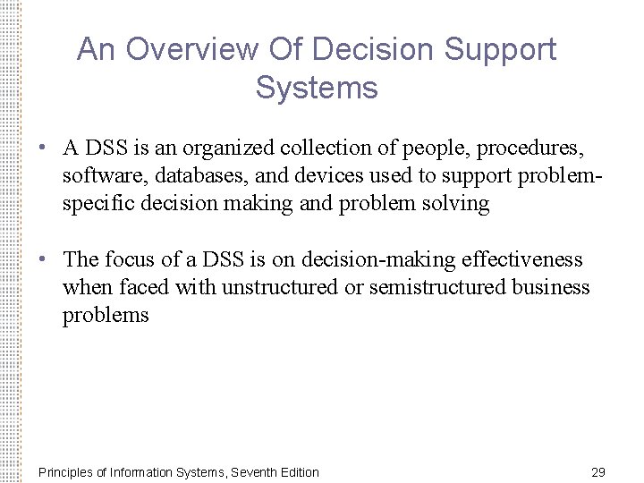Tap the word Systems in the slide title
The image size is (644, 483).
(317, 89)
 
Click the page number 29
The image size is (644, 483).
(599, 471)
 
